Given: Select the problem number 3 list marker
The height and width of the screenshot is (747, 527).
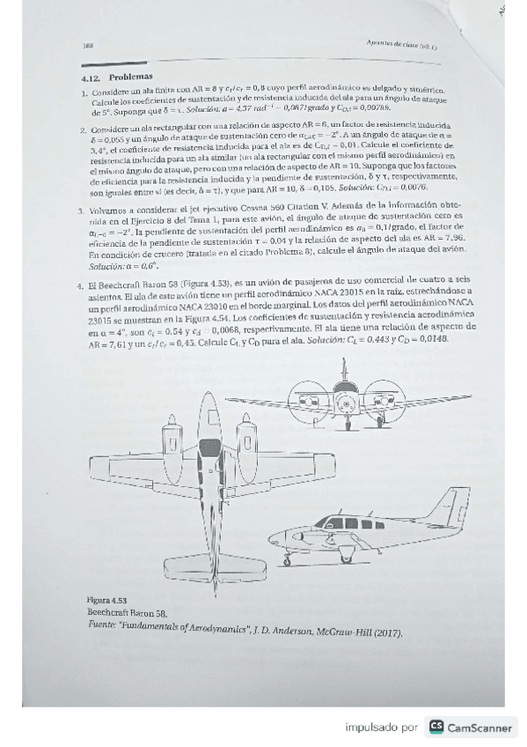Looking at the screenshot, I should point(81,211).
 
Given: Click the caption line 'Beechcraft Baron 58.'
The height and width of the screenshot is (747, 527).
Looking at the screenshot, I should point(126,610).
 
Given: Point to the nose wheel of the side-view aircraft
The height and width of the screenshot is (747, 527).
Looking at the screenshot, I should point(286,560).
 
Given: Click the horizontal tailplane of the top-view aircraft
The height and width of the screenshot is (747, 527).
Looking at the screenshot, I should point(206,563).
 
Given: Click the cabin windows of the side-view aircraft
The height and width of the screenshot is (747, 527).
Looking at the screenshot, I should point(352,523).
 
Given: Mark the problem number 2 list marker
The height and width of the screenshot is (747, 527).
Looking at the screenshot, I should point(81,129).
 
